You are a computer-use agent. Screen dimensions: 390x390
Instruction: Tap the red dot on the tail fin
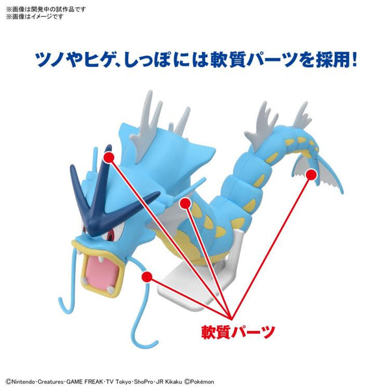[311, 174]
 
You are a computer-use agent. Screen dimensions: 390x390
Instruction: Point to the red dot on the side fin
[185, 204]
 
